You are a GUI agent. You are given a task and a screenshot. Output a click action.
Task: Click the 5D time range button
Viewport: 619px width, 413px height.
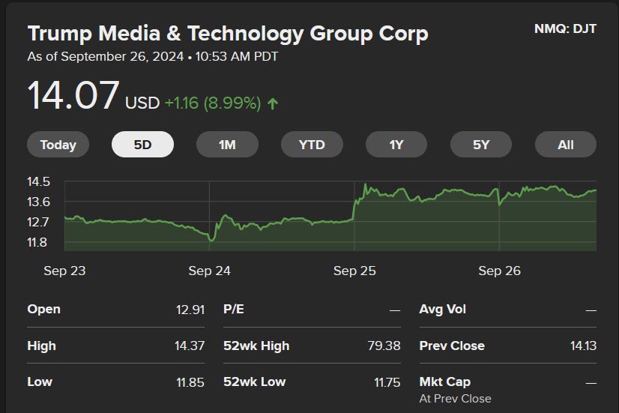(142, 145)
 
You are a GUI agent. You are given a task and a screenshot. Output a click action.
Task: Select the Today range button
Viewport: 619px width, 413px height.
(58, 145)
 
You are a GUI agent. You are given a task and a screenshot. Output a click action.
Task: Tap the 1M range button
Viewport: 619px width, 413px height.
(227, 145)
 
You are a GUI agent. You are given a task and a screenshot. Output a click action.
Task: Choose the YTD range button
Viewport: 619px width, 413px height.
(312, 145)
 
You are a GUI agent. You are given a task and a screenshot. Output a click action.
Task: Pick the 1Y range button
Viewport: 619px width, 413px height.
(396, 145)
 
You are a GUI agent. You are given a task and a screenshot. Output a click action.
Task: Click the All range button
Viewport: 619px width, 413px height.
(565, 145)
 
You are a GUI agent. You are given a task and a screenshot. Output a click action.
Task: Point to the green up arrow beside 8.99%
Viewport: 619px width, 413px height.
(273, 104)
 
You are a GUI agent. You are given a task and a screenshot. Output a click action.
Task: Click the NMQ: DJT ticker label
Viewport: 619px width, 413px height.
(565, 28)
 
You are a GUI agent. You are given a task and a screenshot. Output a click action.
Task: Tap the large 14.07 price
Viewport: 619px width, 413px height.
(73, 95)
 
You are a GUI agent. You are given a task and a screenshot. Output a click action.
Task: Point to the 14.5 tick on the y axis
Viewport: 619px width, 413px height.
(39, 181)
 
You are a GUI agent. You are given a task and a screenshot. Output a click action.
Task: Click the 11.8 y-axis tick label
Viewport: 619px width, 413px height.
(37, 242)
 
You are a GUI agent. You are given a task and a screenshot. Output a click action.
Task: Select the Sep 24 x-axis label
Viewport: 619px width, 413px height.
(209, 271)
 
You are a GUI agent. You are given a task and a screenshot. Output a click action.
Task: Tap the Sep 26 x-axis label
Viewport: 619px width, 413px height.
(499, 271)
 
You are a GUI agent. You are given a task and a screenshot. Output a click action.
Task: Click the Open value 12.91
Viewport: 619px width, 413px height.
(190, 310)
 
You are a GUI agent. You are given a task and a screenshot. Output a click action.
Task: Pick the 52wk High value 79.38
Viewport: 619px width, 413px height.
(384, 346)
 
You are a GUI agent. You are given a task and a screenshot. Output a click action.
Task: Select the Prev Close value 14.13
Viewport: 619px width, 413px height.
(583, 346)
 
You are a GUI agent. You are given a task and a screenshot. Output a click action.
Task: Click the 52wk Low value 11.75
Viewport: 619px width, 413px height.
(387, 382)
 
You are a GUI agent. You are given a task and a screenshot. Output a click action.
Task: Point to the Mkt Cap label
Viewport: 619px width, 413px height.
(445, 382)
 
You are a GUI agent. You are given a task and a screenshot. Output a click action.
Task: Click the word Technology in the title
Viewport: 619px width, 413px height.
(245, 34)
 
